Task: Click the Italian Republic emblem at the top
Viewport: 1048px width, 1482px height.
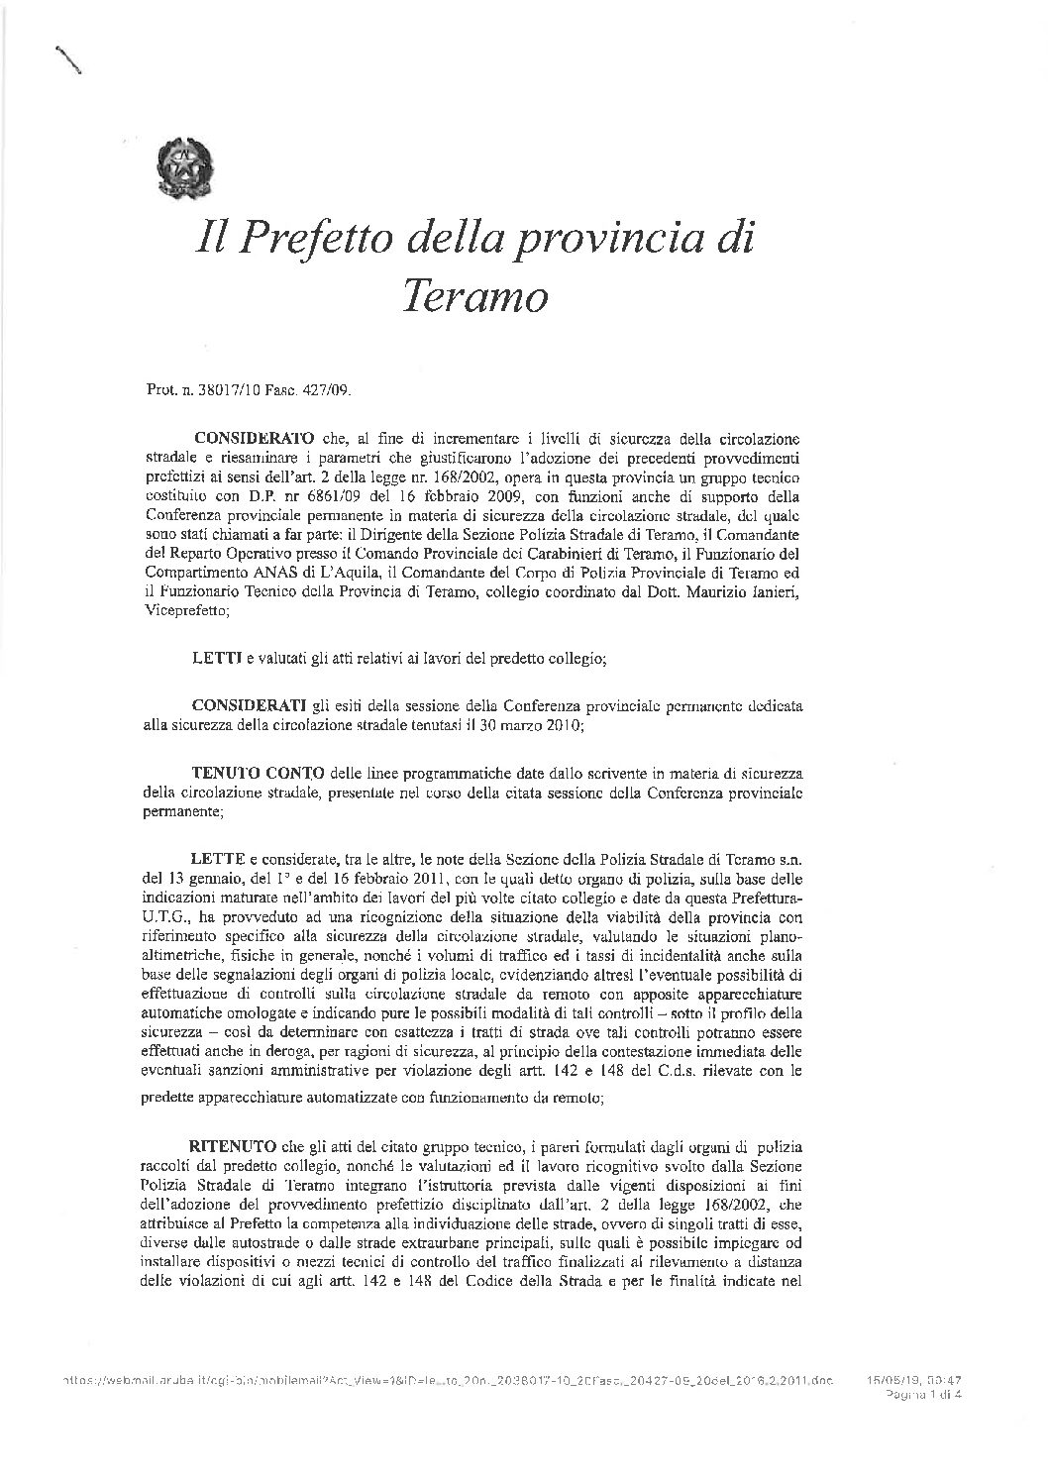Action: [185, 167]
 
